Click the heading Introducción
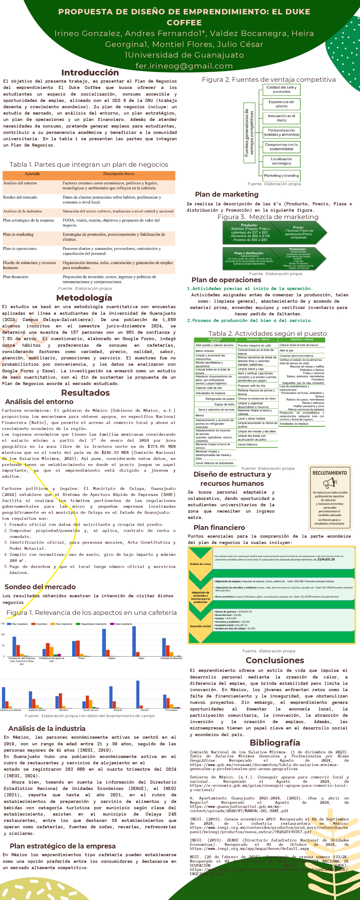click(x=90, y=73)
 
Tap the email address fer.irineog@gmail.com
click(x=184, y=66)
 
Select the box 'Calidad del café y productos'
click(x=281, y=90)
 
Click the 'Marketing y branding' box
click(x=281, y=175)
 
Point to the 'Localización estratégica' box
click(x=281, y=161)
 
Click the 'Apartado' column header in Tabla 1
click(x=32, y=174)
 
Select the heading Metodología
click(x=84, y=298)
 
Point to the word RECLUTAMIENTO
click(x=329, y=473)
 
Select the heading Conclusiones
click(x=275, y=660)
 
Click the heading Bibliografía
click(x=275, y=742)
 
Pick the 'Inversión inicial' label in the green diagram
click(x=200, y=626)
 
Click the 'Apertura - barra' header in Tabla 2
click(x=257, y=339)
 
